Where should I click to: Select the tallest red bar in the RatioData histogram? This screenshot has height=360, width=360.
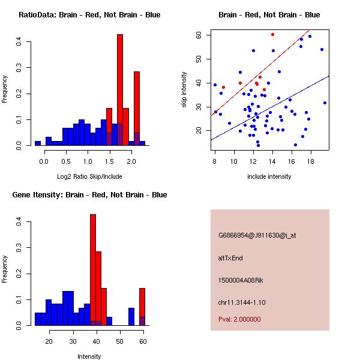[x=120, y=90]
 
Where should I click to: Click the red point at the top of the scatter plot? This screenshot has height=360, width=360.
[x=272, y=34]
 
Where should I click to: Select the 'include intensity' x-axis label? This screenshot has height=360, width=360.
[x=269, y=176]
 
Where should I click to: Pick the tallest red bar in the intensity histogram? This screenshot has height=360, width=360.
[x=93, y=270]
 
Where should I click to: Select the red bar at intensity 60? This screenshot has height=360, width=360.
[x=142, y=306]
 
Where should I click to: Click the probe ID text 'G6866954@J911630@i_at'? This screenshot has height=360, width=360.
[x=257, y=235]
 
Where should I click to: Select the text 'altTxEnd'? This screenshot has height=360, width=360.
[x=230, y=258]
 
